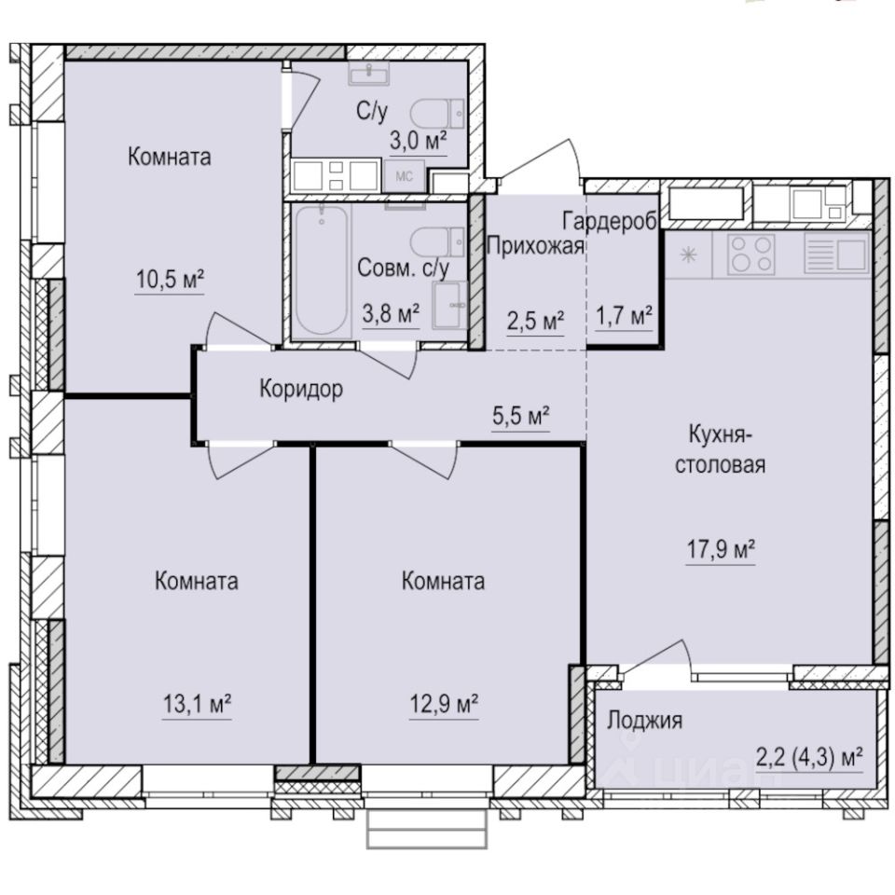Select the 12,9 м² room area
pos(442,702)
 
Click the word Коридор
pos(300,389)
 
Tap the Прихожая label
pos(536,246)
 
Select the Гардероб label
pos(610,220)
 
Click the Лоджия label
pos(644,720)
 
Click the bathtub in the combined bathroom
pos(321,269)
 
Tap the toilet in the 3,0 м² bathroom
pos(438,114)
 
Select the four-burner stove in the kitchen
pos(750,253)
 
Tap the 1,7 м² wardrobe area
pos(623,318)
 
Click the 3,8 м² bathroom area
pos(391,315)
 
